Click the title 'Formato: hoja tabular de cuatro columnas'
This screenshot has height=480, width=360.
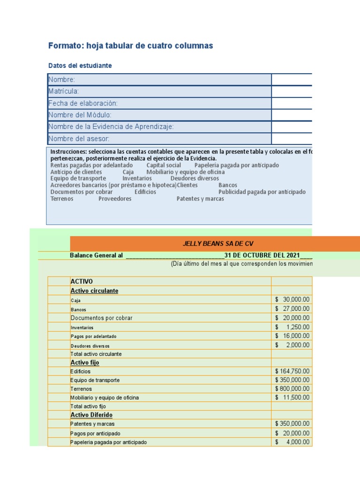pos(131,45)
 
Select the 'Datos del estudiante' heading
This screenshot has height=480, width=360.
pos(80,66)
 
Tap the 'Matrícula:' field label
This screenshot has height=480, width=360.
pos(64,91)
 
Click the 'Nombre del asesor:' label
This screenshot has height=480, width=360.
pos(79,139)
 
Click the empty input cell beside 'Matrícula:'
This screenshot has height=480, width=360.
pos(292,91)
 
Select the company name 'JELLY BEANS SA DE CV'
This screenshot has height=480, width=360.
pos(214,243)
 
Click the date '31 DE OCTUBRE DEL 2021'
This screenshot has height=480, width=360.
pos(262,255)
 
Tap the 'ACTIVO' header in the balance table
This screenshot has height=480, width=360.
pos(82,281)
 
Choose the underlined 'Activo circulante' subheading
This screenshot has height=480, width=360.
pos(94,291)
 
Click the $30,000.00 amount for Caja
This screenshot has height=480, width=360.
pos(292,300)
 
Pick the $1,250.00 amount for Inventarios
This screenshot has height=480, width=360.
pos(292,327)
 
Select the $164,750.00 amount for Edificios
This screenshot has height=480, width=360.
pos(292,371)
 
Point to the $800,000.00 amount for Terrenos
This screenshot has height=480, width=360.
pos(292,389)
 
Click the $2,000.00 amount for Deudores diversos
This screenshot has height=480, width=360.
pos(292,345)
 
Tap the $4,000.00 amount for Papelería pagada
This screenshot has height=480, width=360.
pos(292,442)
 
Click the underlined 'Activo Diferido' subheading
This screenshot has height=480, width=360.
pos(91,415)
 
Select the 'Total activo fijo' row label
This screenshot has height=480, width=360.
pos(88,406)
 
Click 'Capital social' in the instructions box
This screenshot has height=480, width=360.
pos(164,165)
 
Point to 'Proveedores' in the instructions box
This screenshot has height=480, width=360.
pos(115,199)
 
